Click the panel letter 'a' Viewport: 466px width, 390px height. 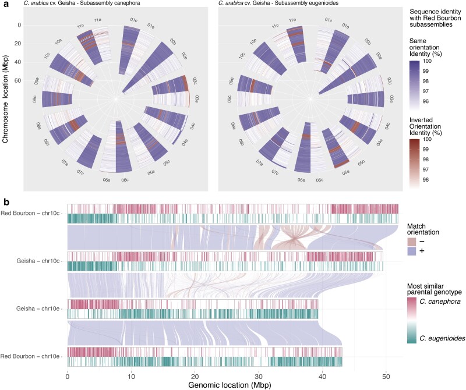(x=6, y=4)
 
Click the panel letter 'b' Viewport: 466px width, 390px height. (x=6, y=203)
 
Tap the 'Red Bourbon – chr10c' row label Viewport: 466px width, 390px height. (x=30, y=213)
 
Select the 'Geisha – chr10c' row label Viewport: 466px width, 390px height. (x=38, y=261)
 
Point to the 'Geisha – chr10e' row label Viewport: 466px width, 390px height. (x=38, y=309)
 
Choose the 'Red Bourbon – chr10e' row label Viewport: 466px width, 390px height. (x=30, y=356)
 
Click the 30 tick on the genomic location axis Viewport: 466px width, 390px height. (x=259, y=377)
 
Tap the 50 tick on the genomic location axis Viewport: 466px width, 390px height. (x=386, y=377)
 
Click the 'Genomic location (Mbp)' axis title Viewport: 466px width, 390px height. (x=230, y=385)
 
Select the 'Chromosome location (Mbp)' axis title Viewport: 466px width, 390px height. (x=5, y=99)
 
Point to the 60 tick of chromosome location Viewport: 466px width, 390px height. (x=17, y=80)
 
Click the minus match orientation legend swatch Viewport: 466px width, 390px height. (x=412, y=242)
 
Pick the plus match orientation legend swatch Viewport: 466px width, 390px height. (x=412, y=251)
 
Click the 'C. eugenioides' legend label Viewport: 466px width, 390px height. (x=442, y=338)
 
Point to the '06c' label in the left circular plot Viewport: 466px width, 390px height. (x=125, y=180)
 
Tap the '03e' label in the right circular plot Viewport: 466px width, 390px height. (x=392, y=98)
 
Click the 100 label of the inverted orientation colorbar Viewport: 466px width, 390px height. (x=427, y=139)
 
